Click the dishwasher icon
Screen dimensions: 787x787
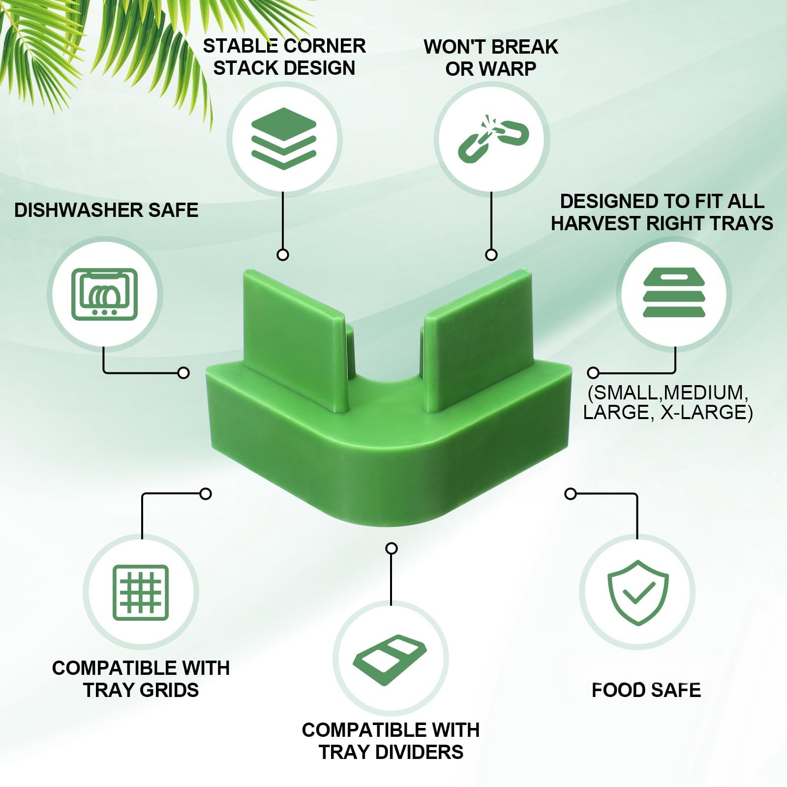click(x=104, y=294)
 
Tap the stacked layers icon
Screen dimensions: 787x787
click(x=284, y=139)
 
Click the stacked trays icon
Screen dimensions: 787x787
click(x=674, y=293)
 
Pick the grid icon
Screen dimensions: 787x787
click(x=141, y=592)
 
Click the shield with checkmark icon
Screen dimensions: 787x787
click(x=638, y=592)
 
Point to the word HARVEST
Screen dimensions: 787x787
click(x=595, y=223)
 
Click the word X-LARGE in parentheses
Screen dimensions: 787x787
click(x=703, y=412)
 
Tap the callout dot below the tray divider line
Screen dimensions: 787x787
click(x=391, y=548)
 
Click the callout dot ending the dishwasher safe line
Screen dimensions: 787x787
click(x=183, y=373)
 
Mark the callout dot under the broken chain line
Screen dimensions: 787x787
click(x=491, y=254)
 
